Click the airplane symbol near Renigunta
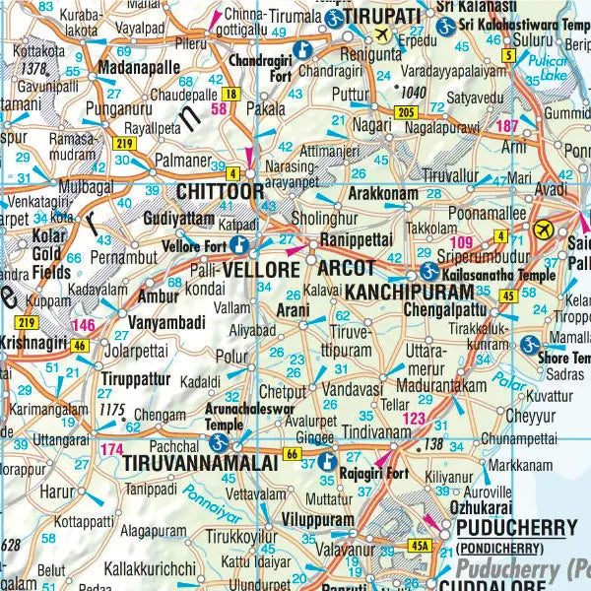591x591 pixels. click(383, 36)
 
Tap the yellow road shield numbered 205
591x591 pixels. click(406, 115)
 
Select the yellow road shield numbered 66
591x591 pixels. click(291, 453)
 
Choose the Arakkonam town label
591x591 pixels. click(383, 193)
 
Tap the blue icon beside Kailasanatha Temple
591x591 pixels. click(427, 270)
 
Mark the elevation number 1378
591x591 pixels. click(36, 68)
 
